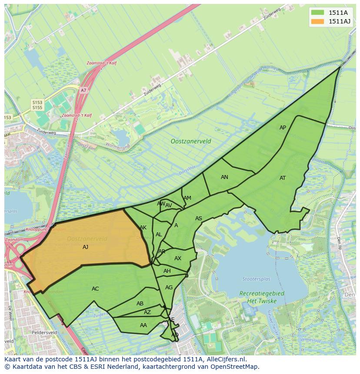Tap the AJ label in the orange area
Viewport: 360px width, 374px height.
point(85,247)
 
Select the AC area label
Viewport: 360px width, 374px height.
point(95,289)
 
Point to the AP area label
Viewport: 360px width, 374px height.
point(283,128)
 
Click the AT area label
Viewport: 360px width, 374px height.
point(283,178)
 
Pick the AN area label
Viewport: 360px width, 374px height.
point(224,177)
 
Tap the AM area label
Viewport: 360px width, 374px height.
point(187,198)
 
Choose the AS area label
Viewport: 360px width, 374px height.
point(199,218)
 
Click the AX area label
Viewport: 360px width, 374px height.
point(178,258)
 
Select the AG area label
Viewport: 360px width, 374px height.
point(169,288)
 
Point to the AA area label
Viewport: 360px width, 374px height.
point(143,325)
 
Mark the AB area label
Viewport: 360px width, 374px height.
point(140,304)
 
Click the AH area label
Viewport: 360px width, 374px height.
point(167,271)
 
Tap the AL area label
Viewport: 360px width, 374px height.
point(159,235)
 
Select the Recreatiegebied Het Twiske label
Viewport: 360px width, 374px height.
point(262,297)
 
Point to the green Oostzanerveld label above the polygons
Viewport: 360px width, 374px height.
point(191,141)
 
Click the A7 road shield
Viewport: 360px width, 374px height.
point(83,90)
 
